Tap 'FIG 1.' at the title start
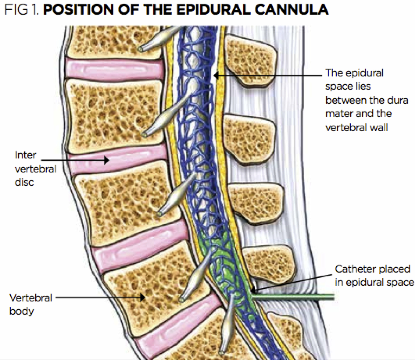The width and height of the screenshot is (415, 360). (23, 9)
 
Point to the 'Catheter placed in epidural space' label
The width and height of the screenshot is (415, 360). (373, 276)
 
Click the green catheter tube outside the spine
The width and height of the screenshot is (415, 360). (300, 297)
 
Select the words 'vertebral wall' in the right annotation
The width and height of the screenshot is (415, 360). (356, 127)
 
